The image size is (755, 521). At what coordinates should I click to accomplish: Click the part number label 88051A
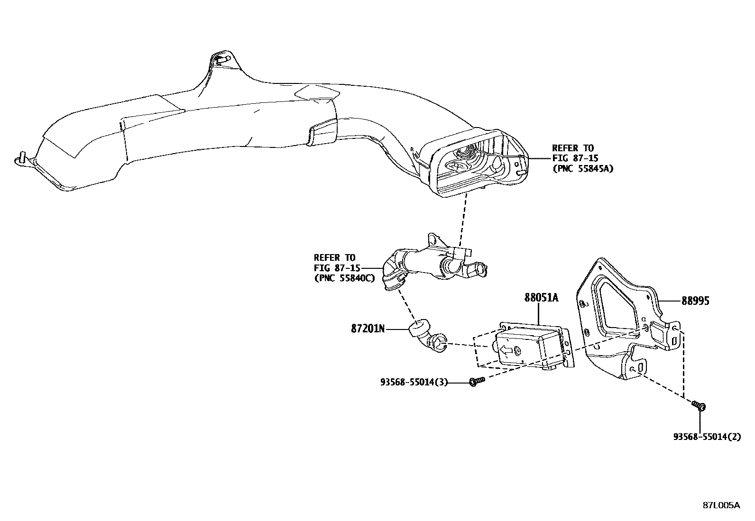[x=541, y=298]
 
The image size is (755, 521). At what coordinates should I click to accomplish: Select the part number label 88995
[x=696, y=301]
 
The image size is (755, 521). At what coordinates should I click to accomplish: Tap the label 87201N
[x=368, y=328]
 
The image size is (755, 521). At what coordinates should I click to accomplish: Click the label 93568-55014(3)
[x=414, y=382]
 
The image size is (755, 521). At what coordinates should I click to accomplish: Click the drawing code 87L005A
[x=721, y=505]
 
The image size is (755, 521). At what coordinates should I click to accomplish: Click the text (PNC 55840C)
[x=344, y=278]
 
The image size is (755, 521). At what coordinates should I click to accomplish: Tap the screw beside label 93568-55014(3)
[x=477, y=381]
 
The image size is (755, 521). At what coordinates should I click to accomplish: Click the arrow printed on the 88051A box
[x=506, y=350]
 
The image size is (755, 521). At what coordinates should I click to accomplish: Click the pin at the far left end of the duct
[x=21, y=156]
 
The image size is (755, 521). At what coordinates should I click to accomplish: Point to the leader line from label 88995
[x=671, y=301]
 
